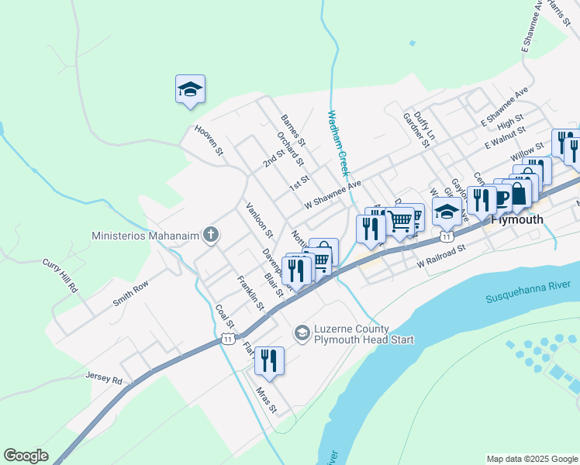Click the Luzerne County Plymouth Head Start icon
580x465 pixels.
(301, 333)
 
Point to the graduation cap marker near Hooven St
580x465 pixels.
(190, 90)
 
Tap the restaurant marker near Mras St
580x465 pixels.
(269, 360)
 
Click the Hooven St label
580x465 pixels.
(209, 140)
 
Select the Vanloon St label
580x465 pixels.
(260, 219)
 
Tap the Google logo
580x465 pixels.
(26, 456)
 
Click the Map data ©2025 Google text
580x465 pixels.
(531, 459)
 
